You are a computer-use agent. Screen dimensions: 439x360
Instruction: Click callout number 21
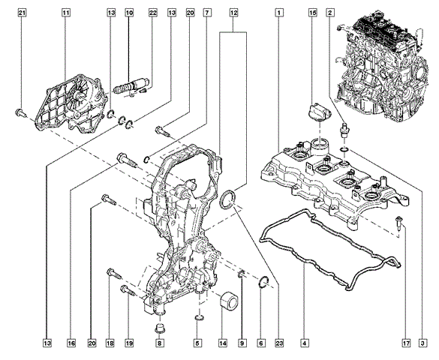[x=22, y=13]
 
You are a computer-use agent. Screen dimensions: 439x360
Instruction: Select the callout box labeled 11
[x=65, y=13]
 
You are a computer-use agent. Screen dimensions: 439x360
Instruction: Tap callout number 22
[x=153, y=13]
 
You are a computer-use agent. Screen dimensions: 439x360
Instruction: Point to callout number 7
[x=207, y=13]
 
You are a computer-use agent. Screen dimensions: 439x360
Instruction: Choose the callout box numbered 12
[x=233, y=13]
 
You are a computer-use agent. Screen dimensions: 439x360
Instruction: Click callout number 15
[x=313, y=13]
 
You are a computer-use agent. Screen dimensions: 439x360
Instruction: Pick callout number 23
[x=279, y=343]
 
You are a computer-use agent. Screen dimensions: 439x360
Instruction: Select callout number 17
[x=406, y=343]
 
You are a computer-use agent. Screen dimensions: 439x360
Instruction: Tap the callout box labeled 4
[x=305, y=343]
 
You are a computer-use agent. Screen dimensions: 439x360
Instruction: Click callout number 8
[x=160, y=343]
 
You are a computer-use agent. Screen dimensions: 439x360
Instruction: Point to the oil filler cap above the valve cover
[x=320, y=112]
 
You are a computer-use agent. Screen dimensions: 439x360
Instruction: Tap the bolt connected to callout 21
[x=20, y=113]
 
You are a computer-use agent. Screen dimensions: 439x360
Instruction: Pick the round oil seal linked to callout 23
[x=227, y=199]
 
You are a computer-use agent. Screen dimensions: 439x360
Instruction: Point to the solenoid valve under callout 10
[x=131, y=85]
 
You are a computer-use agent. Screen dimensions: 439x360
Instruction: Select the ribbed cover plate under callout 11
[x=71, y=104]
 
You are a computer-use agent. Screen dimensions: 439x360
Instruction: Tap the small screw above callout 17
[x=399, y=223]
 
